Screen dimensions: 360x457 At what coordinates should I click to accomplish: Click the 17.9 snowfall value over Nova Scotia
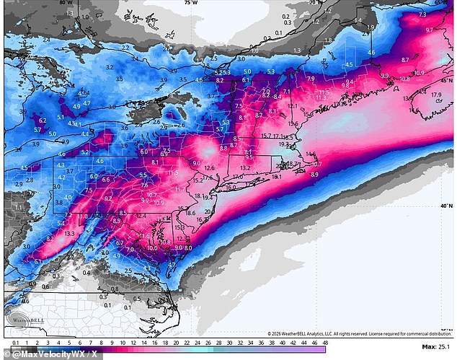(x=436, y=95)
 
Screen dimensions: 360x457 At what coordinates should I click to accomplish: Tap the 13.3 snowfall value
(x=70, y=234)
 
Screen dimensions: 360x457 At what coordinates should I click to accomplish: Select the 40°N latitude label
(x=446, y=206)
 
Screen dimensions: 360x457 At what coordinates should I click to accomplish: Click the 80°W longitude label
(x=66, y=4)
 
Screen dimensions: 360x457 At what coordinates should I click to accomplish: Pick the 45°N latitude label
(x=446, y=81)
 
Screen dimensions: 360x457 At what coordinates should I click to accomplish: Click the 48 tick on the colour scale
(x=325, y=342)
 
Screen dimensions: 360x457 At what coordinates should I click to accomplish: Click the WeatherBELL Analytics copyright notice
(x=358, y=333)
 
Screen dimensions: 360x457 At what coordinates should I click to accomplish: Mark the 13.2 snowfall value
(x=245, y=168)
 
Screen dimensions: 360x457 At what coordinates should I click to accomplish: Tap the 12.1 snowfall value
(x=293, y=106)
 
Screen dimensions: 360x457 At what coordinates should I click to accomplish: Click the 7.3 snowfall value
(x=422, y=14)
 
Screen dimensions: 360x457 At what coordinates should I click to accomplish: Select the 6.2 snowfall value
(x=43, y=120)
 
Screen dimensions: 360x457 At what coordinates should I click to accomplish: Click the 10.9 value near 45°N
(x=419, y=73)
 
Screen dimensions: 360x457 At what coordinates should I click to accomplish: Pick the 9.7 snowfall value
(x=430, y=30)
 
